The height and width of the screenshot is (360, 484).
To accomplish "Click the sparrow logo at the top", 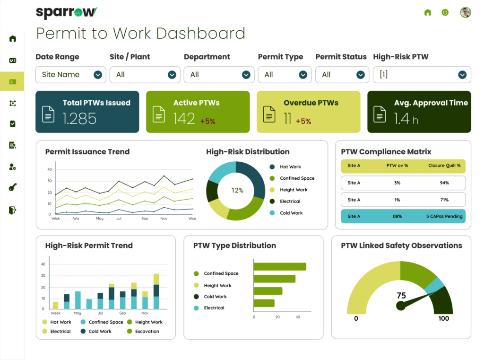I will point(67,12).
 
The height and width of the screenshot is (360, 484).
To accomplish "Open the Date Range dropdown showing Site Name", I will point(70,75).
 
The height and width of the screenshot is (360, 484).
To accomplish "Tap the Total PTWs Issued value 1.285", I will point(79,118).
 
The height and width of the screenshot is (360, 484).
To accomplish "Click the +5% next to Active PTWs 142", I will point(207,121).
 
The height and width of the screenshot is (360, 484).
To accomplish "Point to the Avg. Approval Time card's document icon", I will point(380,114).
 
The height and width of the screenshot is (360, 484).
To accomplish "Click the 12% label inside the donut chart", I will point(237,191).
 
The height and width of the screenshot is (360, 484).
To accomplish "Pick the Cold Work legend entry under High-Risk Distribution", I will point(291,213).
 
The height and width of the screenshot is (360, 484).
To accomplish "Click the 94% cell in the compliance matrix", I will point(444,183).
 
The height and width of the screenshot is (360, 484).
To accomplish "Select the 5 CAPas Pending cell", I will point(444,216).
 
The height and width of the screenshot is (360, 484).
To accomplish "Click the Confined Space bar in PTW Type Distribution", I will point(280,266).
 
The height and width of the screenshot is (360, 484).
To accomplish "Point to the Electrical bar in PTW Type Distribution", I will point(264,303).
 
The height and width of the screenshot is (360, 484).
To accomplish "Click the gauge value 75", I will point(401,296).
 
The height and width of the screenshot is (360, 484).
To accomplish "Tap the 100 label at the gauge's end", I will point(443,318).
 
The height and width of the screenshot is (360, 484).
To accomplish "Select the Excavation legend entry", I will point(147,331).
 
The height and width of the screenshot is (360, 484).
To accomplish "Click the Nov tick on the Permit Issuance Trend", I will point(164,219).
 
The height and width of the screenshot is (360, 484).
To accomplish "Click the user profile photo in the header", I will point(466,12).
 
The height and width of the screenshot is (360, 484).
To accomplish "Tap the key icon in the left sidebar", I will point(13,188).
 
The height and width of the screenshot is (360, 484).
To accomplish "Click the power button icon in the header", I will point(445,12).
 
